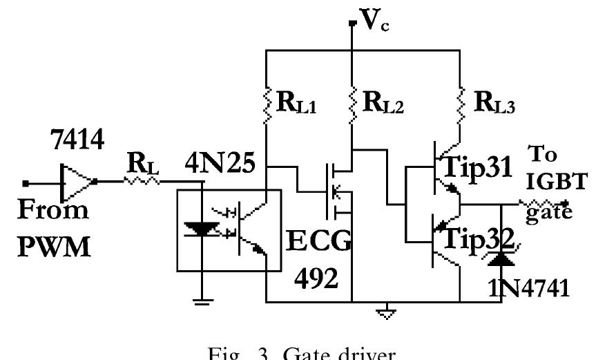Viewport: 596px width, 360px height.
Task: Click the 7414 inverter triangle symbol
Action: (x=77, y=182)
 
